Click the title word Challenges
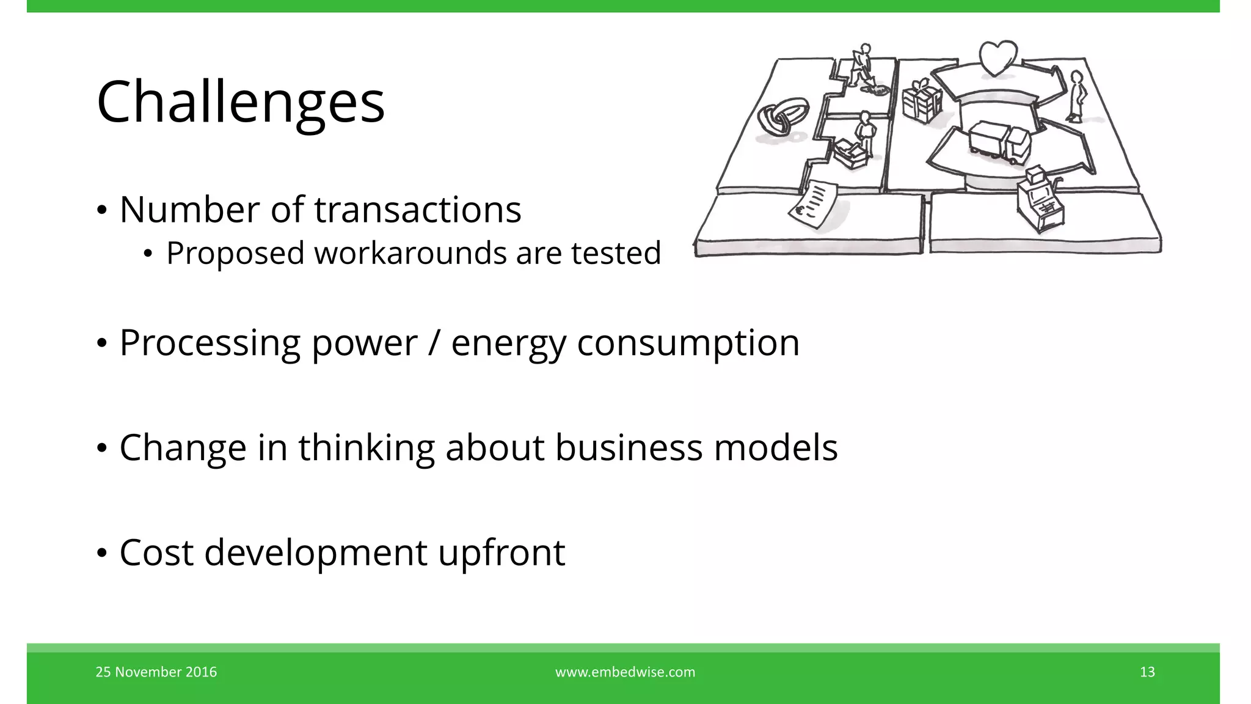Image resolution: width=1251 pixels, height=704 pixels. [x=241, y=102]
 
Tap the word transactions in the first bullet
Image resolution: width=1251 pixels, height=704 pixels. [x=418, y=210]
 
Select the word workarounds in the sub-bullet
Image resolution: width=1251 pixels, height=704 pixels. [x=410, y=253]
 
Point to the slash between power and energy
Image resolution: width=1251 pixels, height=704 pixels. [x=434, y=343]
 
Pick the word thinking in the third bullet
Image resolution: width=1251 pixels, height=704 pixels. [x=366, y=447]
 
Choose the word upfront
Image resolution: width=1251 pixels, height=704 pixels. [x=501, y=552]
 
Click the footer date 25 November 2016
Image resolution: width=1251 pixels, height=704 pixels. [x=156, y=672]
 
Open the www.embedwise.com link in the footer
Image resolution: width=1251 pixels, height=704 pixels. [x=625, y=672]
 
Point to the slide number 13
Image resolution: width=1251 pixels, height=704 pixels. [x=1147, y=672]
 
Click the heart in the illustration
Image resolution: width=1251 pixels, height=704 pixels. [x=998, y=58]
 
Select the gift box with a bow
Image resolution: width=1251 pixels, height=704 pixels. [x=921, y=101]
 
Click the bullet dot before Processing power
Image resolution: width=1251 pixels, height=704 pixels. [x=102, y=343]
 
